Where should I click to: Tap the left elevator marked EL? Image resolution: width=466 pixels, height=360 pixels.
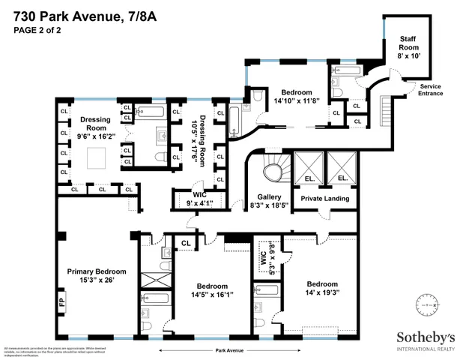pyautogui.click(x=309, y=178)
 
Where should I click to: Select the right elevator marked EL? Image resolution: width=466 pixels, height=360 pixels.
pyautogui.click(x=342, y=178)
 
